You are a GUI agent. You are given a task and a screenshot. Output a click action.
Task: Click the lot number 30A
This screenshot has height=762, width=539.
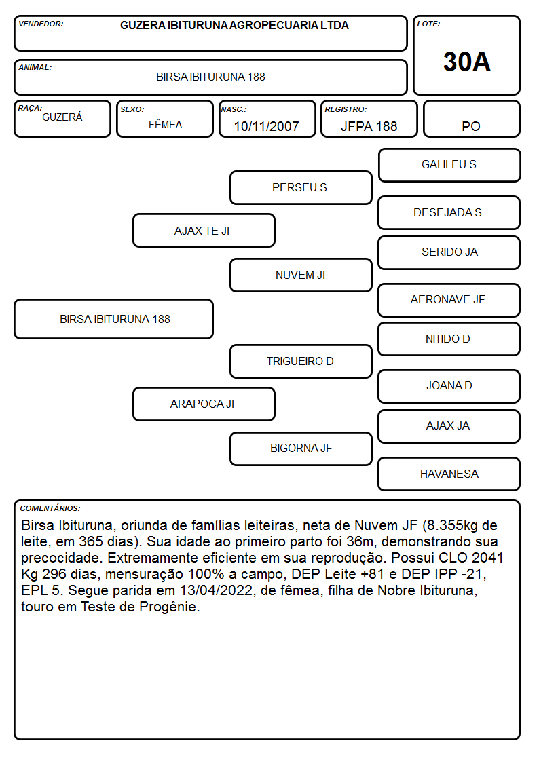coord(466,62)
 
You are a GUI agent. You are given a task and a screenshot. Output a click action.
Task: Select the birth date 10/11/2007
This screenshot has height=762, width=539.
coord(266,126)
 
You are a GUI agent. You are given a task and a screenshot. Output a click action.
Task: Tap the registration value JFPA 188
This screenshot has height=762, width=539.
coord(369,126)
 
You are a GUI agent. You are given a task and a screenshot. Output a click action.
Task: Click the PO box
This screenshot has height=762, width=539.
coord(471,119)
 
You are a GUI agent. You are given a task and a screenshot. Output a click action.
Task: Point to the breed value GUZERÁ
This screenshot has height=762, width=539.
coord(62,117)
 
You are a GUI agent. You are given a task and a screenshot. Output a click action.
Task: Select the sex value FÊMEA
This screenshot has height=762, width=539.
coord(165,124)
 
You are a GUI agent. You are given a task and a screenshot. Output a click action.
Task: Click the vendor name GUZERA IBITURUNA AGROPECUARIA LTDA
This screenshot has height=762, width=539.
coord(234,25)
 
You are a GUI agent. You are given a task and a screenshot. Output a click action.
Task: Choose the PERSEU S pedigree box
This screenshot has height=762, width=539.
coord(301,187)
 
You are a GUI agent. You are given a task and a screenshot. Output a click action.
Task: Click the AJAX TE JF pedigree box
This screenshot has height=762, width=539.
coord(204,231)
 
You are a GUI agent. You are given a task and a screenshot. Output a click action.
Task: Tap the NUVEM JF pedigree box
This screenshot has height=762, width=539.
coord(301,275)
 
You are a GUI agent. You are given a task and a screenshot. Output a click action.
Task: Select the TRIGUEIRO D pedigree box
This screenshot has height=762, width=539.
coord(301,361)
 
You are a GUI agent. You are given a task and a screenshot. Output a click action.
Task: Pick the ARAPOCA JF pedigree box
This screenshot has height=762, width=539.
coord(204,404)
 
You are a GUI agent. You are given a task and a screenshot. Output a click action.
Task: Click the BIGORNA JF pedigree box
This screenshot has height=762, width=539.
coord(301,449)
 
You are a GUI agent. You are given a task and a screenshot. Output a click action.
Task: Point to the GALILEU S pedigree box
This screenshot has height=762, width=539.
coord(449,166)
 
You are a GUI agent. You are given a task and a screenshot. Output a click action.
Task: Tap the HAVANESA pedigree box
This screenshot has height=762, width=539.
coord(449,474)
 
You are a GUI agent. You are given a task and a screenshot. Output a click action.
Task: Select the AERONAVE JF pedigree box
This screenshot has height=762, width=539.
coord(449,300)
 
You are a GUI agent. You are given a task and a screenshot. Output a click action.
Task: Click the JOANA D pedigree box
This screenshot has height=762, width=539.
coord(449,386)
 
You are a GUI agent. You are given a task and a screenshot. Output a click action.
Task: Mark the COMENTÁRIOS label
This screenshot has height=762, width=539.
coord(50,508)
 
